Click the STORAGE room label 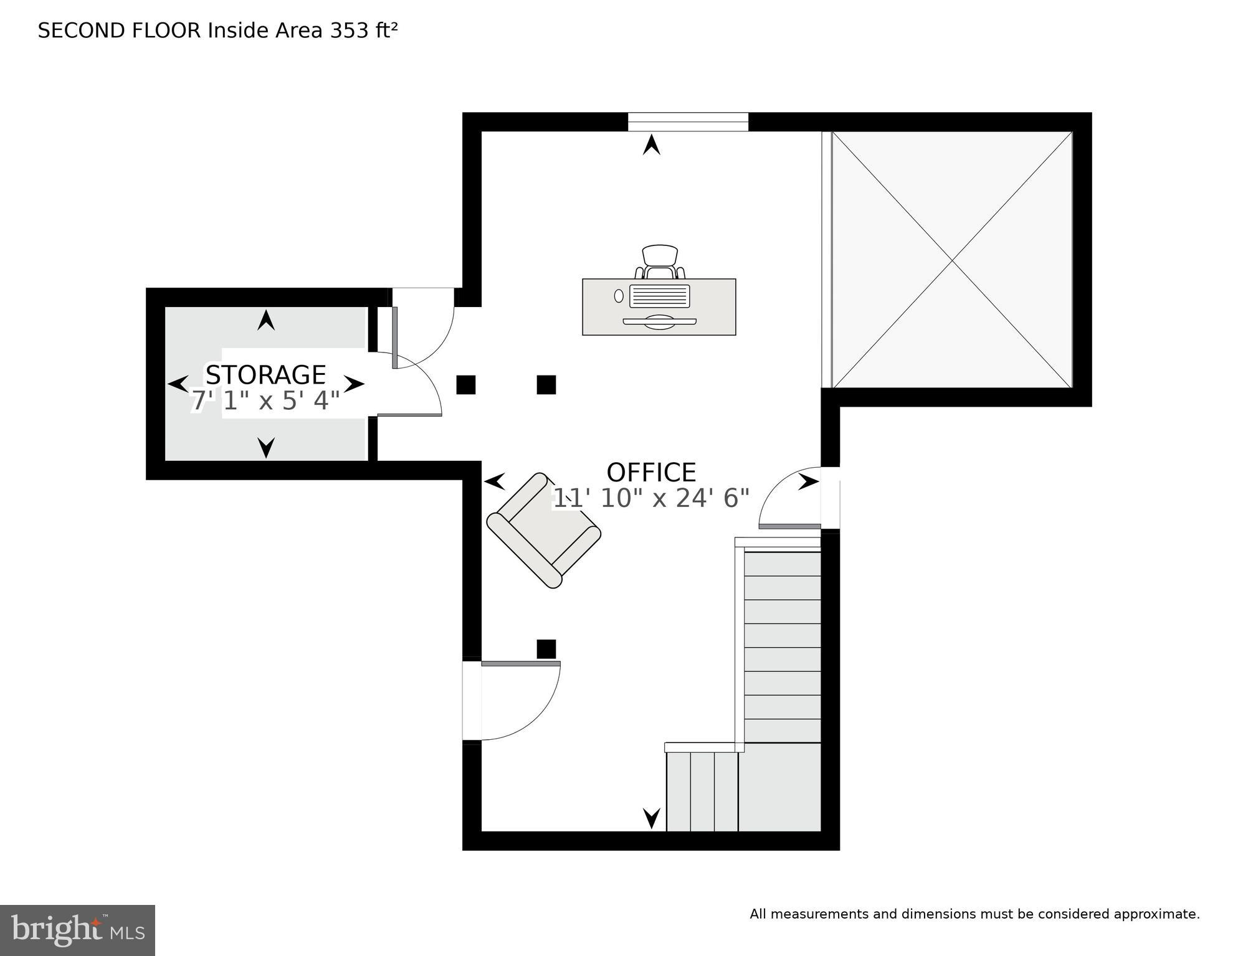point(265,375)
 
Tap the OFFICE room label point(651,473)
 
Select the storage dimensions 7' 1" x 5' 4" point(265,401)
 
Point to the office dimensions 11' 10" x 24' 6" point(651,498)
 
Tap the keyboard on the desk point(659,296)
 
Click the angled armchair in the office point(543,530)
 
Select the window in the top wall point(687,122)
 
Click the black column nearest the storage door point(466,385)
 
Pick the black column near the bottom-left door point(546,649)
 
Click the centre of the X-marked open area point(952,260)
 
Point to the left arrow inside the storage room point(178,384)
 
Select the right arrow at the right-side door point(809,481)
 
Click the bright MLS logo point(77,930)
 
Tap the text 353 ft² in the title point(363,31)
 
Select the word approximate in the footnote point(1156,914)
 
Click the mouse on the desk point(619,296)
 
